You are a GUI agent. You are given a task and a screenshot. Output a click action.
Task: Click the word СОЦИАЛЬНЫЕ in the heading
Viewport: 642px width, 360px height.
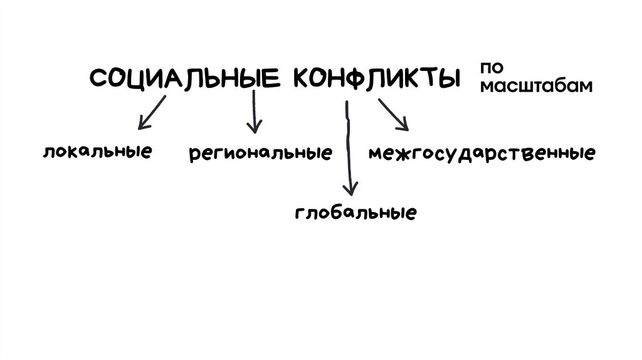coord(184,79)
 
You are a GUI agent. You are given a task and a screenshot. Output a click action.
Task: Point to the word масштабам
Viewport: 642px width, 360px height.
coord(535,86)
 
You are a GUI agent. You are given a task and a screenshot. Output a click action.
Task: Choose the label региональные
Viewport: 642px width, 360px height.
coord(260,153)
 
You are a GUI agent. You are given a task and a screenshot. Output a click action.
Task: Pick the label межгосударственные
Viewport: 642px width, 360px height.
coord(481,153)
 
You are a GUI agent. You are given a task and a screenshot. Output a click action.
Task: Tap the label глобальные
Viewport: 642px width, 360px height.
coord(355,212)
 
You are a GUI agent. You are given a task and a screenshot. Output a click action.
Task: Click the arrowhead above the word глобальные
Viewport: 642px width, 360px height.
coord(352,189)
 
